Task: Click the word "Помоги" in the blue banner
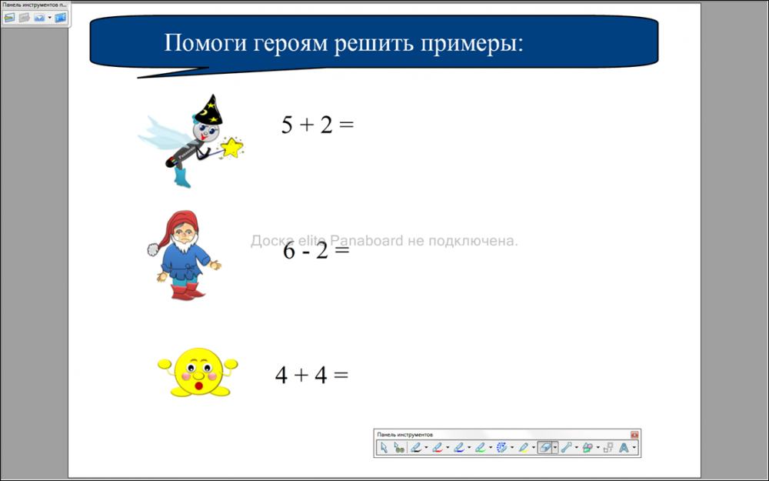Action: (205, 43)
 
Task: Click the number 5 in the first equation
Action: (287, 125)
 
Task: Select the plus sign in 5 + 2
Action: (306, 125)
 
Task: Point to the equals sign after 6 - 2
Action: (341, 250)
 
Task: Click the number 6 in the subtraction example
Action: (289, 251)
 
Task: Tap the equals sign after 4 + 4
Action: (341, 376)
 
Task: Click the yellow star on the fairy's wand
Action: (232, 147)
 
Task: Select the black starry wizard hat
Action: (209, 110)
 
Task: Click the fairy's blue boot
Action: (182, 178)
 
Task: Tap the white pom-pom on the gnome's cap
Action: (154, 249)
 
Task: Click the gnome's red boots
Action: (186, 292)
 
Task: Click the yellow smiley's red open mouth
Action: (198, 386)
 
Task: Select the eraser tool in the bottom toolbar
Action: (544, 448)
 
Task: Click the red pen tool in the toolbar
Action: (438, 448)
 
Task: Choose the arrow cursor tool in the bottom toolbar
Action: (384, 448)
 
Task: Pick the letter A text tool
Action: (624, 448)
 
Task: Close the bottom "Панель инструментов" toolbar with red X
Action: (634, 434)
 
